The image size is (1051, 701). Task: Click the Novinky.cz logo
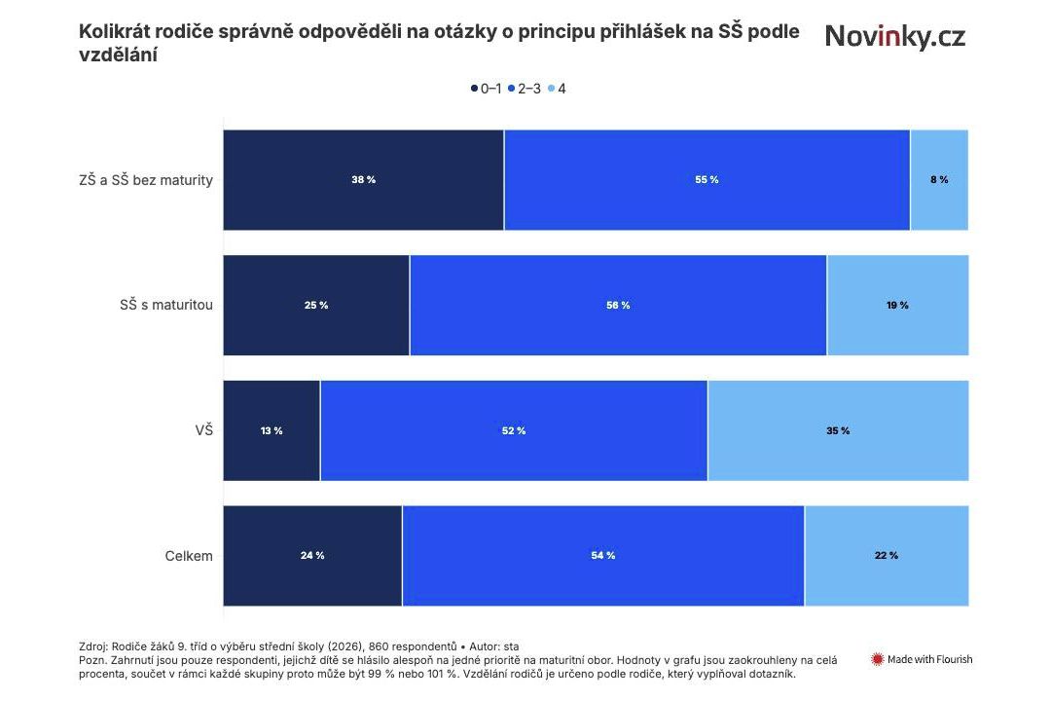point(894,37)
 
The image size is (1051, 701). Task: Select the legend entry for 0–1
point(487,89)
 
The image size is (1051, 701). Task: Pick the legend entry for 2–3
point(525,89)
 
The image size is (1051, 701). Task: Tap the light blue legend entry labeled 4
point(559,89)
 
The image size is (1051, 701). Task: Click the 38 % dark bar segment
point(363,180)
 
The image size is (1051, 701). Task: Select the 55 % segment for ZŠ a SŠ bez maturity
point(707,180)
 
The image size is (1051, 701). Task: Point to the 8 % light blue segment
point(939,180)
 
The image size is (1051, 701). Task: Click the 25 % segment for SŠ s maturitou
point(316,305)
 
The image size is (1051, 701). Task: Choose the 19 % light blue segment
point(897,305)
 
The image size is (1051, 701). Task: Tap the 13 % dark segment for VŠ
point(272,430)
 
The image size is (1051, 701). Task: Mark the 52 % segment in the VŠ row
point(514,430)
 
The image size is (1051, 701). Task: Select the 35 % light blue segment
point(838,430)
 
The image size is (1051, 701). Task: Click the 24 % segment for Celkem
point(312,555)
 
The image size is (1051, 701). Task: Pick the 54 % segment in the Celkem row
point(603,555)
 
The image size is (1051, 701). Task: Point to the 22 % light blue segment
point(887,555)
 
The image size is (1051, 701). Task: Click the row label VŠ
point(203,430)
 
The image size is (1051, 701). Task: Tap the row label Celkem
point(189,556)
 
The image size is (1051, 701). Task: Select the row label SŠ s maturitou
point(160,305)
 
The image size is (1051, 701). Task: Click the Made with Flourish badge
point(922,659)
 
